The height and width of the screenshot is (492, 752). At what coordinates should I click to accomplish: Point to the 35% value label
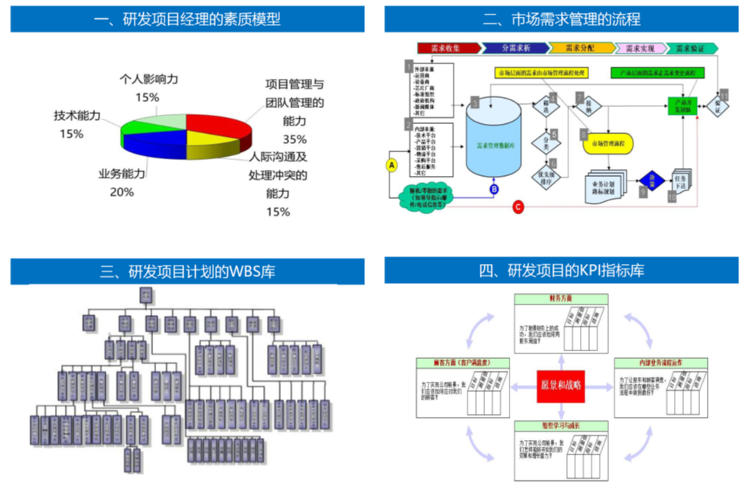(295, 139)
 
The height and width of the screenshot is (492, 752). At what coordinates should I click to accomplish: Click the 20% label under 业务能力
(122, 192)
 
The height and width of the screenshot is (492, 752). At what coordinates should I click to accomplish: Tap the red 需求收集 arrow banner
(448, 48)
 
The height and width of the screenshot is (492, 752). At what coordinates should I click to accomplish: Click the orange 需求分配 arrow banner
(579, 48)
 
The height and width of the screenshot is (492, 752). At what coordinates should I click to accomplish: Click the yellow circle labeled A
(392, 165)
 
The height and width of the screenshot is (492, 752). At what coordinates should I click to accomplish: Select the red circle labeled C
(518, 206)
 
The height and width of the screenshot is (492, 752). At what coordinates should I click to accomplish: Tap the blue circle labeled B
(493, 188)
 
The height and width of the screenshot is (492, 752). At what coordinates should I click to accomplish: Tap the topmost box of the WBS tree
(145, 295)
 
